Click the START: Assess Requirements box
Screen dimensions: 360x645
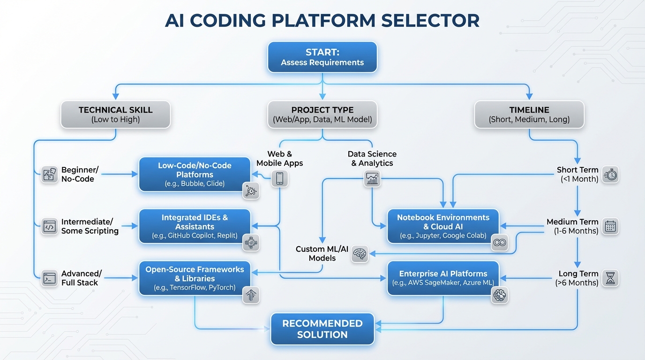pyautogui.click(x=322, y=57)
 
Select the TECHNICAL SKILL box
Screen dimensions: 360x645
pyautogui.click(x=115, y=114)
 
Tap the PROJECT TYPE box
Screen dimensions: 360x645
pyautogui.click(x=322, y=114)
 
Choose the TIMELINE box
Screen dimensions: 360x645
pyautogui.click(x=529, y=114)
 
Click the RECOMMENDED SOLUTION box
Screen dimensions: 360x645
pyautogui.click(x=322, y=329)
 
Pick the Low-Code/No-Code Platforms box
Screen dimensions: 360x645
pyautogui.click(x=195, y=174)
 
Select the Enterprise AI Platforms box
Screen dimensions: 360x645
pyautogui.click(x=443, y=278)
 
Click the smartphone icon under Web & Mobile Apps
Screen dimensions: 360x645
pyautogui.click(x=279, y=178)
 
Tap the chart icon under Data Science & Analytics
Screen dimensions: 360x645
pyautogui.click(x=373, y=178)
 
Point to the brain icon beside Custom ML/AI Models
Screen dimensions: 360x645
pyautogui.click(x=360, y=254)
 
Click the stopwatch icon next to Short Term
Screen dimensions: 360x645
pyautogui.click(x=610, y=174)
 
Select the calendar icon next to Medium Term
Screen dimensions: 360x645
pyautogui.click(x=610, y=226)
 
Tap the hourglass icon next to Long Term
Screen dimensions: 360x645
pyautogui.click(x=610, y=278)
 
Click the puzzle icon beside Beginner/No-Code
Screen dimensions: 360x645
pyautogui.click(x=49, y=174)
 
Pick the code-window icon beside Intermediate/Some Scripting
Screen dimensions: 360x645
pyautogui.click(x=49, y=226)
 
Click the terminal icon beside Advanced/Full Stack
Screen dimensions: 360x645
pyautogui.click(x=49, y=278)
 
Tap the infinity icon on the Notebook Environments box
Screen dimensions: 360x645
pyautogui.click(x=500, y=243)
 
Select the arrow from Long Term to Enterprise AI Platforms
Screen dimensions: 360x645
pyautogui.click(x=525, y=278)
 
